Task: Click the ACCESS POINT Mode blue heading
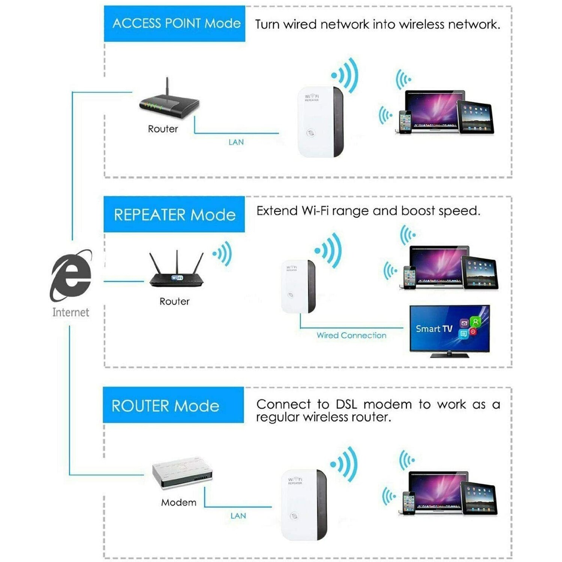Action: point(175,24)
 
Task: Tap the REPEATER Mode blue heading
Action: point(174,215)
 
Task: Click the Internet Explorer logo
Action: point(71,275)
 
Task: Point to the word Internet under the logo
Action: point(70,312)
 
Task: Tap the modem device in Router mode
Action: point(182,473)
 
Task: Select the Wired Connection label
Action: point(351,335)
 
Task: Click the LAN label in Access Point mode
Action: point(236,142)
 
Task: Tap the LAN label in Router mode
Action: point(238,516)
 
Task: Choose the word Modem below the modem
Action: point(179,502)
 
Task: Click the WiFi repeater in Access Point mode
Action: point(320,122)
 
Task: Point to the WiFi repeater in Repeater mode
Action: point(298,287)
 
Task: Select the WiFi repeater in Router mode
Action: point(304,504)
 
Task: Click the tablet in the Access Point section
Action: point(475,117)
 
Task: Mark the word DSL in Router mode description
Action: point(346,405)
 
